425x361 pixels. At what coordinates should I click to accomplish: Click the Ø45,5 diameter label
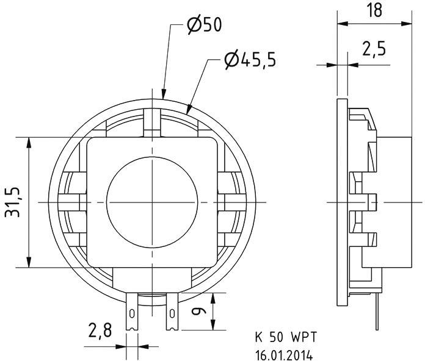(250, 59)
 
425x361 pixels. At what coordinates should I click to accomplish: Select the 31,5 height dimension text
(13, 202)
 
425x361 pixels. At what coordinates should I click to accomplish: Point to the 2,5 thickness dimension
(373, 50)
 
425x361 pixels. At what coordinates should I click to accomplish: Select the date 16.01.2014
(285, 353)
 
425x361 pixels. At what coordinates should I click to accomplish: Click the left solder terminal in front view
(131, 311)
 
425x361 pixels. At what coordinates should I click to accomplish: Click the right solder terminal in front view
(172, 311)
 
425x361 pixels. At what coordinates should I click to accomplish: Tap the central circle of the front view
(151, 202)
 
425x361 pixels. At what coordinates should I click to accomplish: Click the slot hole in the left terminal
(131, 313)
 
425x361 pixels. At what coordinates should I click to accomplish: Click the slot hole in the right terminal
(172, 313)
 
